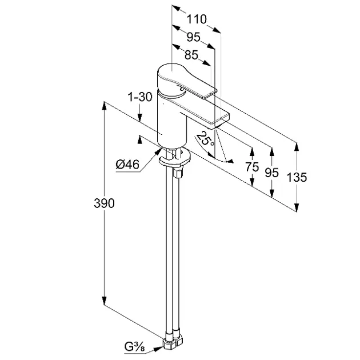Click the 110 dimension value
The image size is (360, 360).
click(x=197, y=19)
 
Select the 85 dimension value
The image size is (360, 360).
click(x=191, y=55)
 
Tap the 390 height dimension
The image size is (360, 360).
click(x=104, y=203)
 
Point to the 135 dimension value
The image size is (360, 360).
click(x=297, y=177)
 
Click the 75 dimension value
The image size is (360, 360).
click(x=252, y=167)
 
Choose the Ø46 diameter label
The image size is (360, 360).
click(x=127, y=165)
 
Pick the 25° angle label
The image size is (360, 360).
click(x=205, y=139)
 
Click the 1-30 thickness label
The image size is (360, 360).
click(x=140, y=97)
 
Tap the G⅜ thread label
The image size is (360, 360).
click(x=134, y=347)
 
